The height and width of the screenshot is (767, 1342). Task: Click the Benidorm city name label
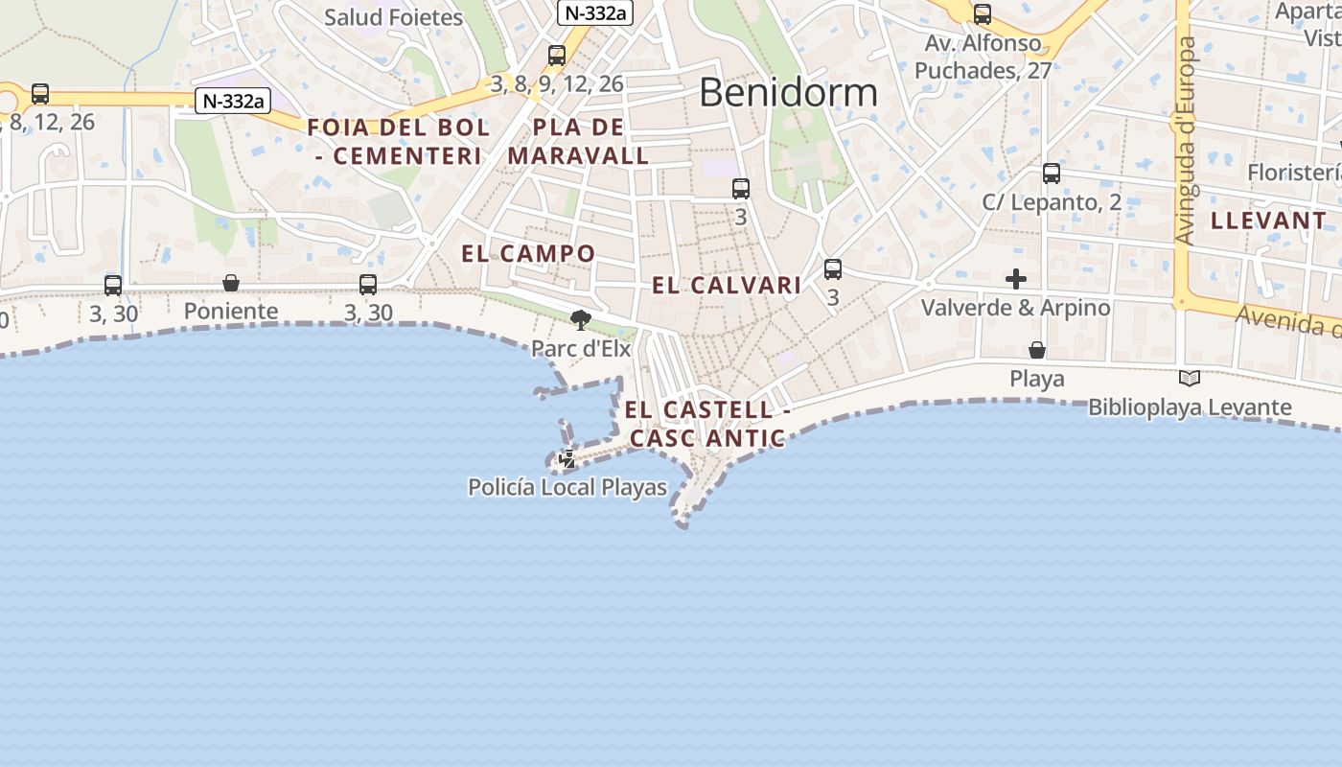pyautogui.click(x=788, y=92)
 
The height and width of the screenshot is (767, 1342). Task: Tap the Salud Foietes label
pyautogui.click(x=393, y=17)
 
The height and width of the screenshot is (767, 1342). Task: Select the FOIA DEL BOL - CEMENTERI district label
pyautogui.click(x=398, y=141)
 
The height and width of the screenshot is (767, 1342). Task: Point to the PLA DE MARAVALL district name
pyautogui.click(x=578, y=141)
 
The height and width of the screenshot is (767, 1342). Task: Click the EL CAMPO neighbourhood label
pyautogui.click(x=528, y=253)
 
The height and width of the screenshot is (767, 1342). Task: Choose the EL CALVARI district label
pyautogui.click(x=727, y=285)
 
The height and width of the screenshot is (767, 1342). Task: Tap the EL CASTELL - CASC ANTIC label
pyautogui.click(x=707, y=424)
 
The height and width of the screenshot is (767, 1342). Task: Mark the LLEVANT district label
pyautogui.click(x=1268, y=221)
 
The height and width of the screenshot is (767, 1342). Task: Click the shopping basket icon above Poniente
pyautogui.click(x=231, y=283)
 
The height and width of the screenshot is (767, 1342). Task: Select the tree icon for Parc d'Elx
pyautogui.click(x=580, y=319)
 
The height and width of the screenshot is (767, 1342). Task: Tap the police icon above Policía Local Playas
pyautogui.click(x=567, y=459)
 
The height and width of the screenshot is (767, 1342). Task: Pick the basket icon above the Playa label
pyautogui.click(x=1036, y=350)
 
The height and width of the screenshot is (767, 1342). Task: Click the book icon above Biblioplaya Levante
pyautogui.click(x=1190, y=379)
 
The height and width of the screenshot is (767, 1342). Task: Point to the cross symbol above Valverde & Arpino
pyautogui.click(x=1016, y=279)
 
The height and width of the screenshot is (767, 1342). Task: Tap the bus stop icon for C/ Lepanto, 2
pyautogui.click(x=1052, y=174)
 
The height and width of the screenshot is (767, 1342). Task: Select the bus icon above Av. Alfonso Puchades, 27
pyautogui.click(x=983, y=14)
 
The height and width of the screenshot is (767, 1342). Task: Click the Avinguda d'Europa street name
pyautogui.click(x=1186, y=141)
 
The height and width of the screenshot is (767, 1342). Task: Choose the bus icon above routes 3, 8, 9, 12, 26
pyautogui.click(x=557, y=56)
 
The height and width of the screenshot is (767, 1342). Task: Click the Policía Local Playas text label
pyautogui.click(x=567, y=487)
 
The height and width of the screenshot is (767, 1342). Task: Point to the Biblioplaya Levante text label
pyautogui.click(x=1190, y=407)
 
